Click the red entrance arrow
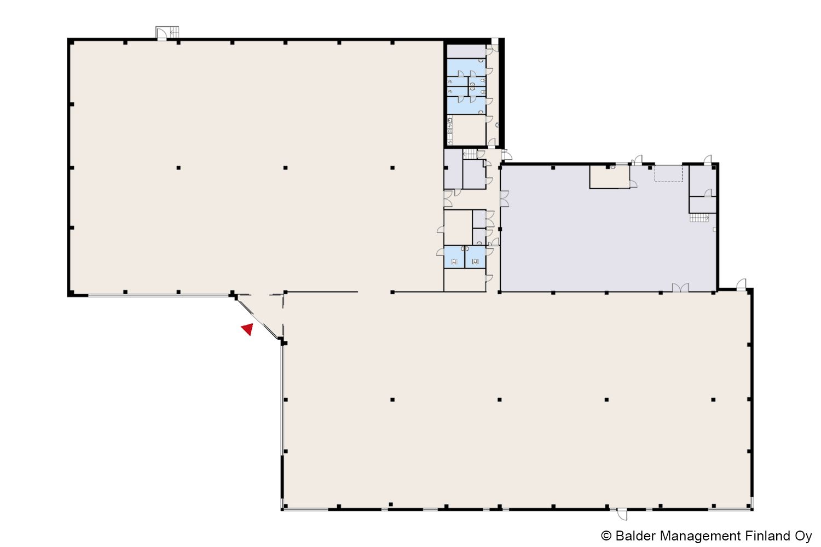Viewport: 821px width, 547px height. tap(248, 329)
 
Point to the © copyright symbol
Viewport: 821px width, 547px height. tap(606, 536)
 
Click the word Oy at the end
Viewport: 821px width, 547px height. tap(803, 537)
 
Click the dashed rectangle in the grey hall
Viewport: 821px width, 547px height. tap(668, 173)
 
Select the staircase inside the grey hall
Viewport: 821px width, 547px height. tap(699, 218)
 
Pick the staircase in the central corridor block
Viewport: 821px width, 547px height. tap(470, 154)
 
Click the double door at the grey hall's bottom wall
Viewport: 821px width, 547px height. tap(680, 288)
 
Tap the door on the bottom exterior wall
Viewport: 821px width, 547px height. tap(622, 514)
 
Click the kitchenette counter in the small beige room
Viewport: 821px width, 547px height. tap(450, 130)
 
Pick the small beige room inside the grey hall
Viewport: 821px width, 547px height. tap(610, 177)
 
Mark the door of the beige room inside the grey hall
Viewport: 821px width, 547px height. tap(633, 184)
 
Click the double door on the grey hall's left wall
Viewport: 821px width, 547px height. tap(505, 199)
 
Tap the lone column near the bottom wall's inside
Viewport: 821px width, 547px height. tap(391, 504)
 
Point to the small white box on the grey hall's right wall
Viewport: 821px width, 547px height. tap(714, 229)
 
